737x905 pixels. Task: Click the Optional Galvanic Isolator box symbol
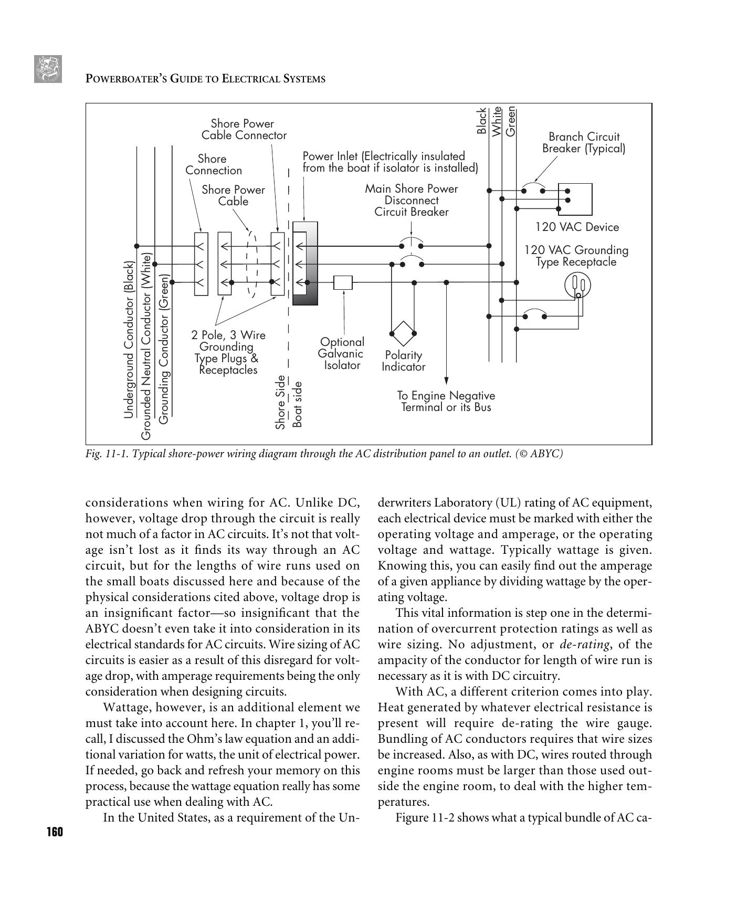(x=343, y=282)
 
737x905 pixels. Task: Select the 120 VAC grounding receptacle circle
(x=577, y=286)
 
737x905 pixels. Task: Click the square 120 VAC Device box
(x=575, y=199)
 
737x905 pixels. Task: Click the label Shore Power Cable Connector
(x=244, y=130)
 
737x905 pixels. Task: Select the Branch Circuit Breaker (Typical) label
(x=584, y=142)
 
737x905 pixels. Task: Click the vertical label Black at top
(x=481, y=121)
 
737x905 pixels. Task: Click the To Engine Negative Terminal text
(x=446, y=401)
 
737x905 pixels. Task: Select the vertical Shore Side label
(x=281, y=402)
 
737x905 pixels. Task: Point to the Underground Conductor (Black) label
(x=129, y=340)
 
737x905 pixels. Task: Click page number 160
(x=54, y=832)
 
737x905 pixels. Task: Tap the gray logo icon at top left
(x=48, y=69)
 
